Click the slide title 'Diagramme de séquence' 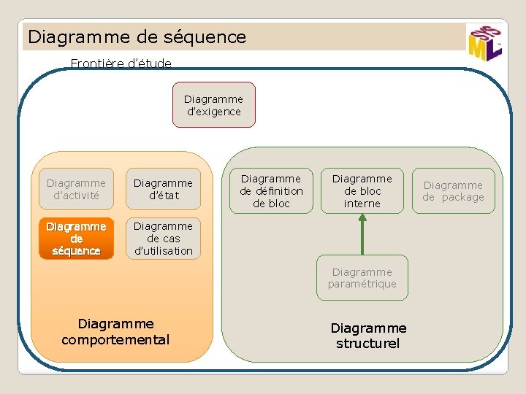pos(137,36)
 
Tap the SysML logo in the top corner pos(484,42)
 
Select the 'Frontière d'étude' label pos(121,63)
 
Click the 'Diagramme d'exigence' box pos(213,105)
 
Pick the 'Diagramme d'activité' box pos(76,189)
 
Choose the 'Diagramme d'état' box pos(163,189)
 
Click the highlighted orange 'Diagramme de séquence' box pos(76,239)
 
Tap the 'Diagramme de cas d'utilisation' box pos(163,239)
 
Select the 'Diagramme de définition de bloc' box pos(271,191)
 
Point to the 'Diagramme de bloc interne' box pos(362,191)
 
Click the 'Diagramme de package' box pos(453,191)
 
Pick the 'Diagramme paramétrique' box pos(362,278)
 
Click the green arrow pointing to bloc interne pos(362,234)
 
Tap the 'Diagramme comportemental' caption pos(115,331)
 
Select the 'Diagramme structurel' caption pos(368,336)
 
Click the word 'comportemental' pos(115,339)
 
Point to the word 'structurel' pos(368,344)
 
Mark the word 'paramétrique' pos(362,284)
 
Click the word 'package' pos(462,197)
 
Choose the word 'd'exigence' pos(213,112)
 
